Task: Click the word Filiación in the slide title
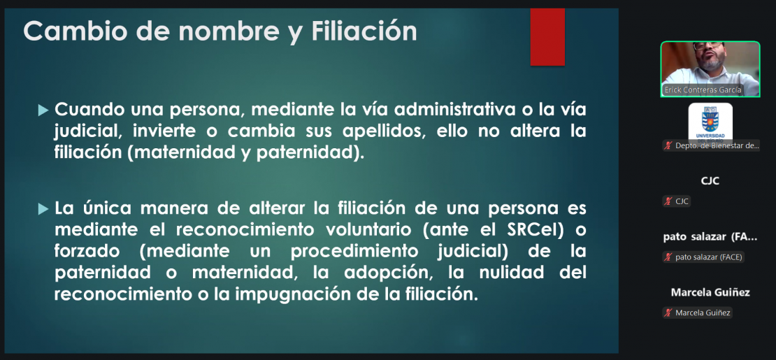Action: [364, 31]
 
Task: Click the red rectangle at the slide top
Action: [547, 36]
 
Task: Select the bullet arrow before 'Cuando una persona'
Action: [43, 110]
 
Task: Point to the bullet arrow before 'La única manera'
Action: [43, 209]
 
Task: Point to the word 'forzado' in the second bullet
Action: [82, 252]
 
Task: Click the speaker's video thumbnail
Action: [710, 69]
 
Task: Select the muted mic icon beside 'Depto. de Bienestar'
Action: [668, 145]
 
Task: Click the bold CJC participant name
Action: [710, 181]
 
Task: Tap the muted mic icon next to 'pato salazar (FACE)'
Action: [668, 257]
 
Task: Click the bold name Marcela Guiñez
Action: [710, 293]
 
